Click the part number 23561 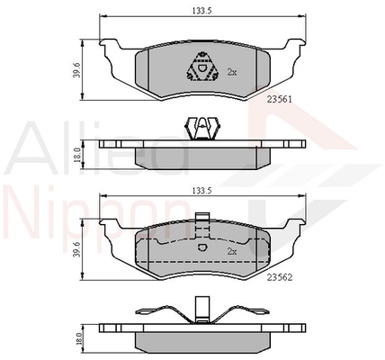(x=280, y=99)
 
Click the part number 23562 (x=280, y=278)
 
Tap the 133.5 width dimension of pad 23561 (x=201, y=11)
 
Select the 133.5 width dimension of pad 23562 (x=201, y=190)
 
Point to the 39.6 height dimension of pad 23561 (x=76, y=70)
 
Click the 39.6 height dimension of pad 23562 (x=76, y=249)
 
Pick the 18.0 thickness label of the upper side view (x=76, y=155)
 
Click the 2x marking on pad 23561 (x=232, y=72)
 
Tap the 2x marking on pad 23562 (x=232, y=252)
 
